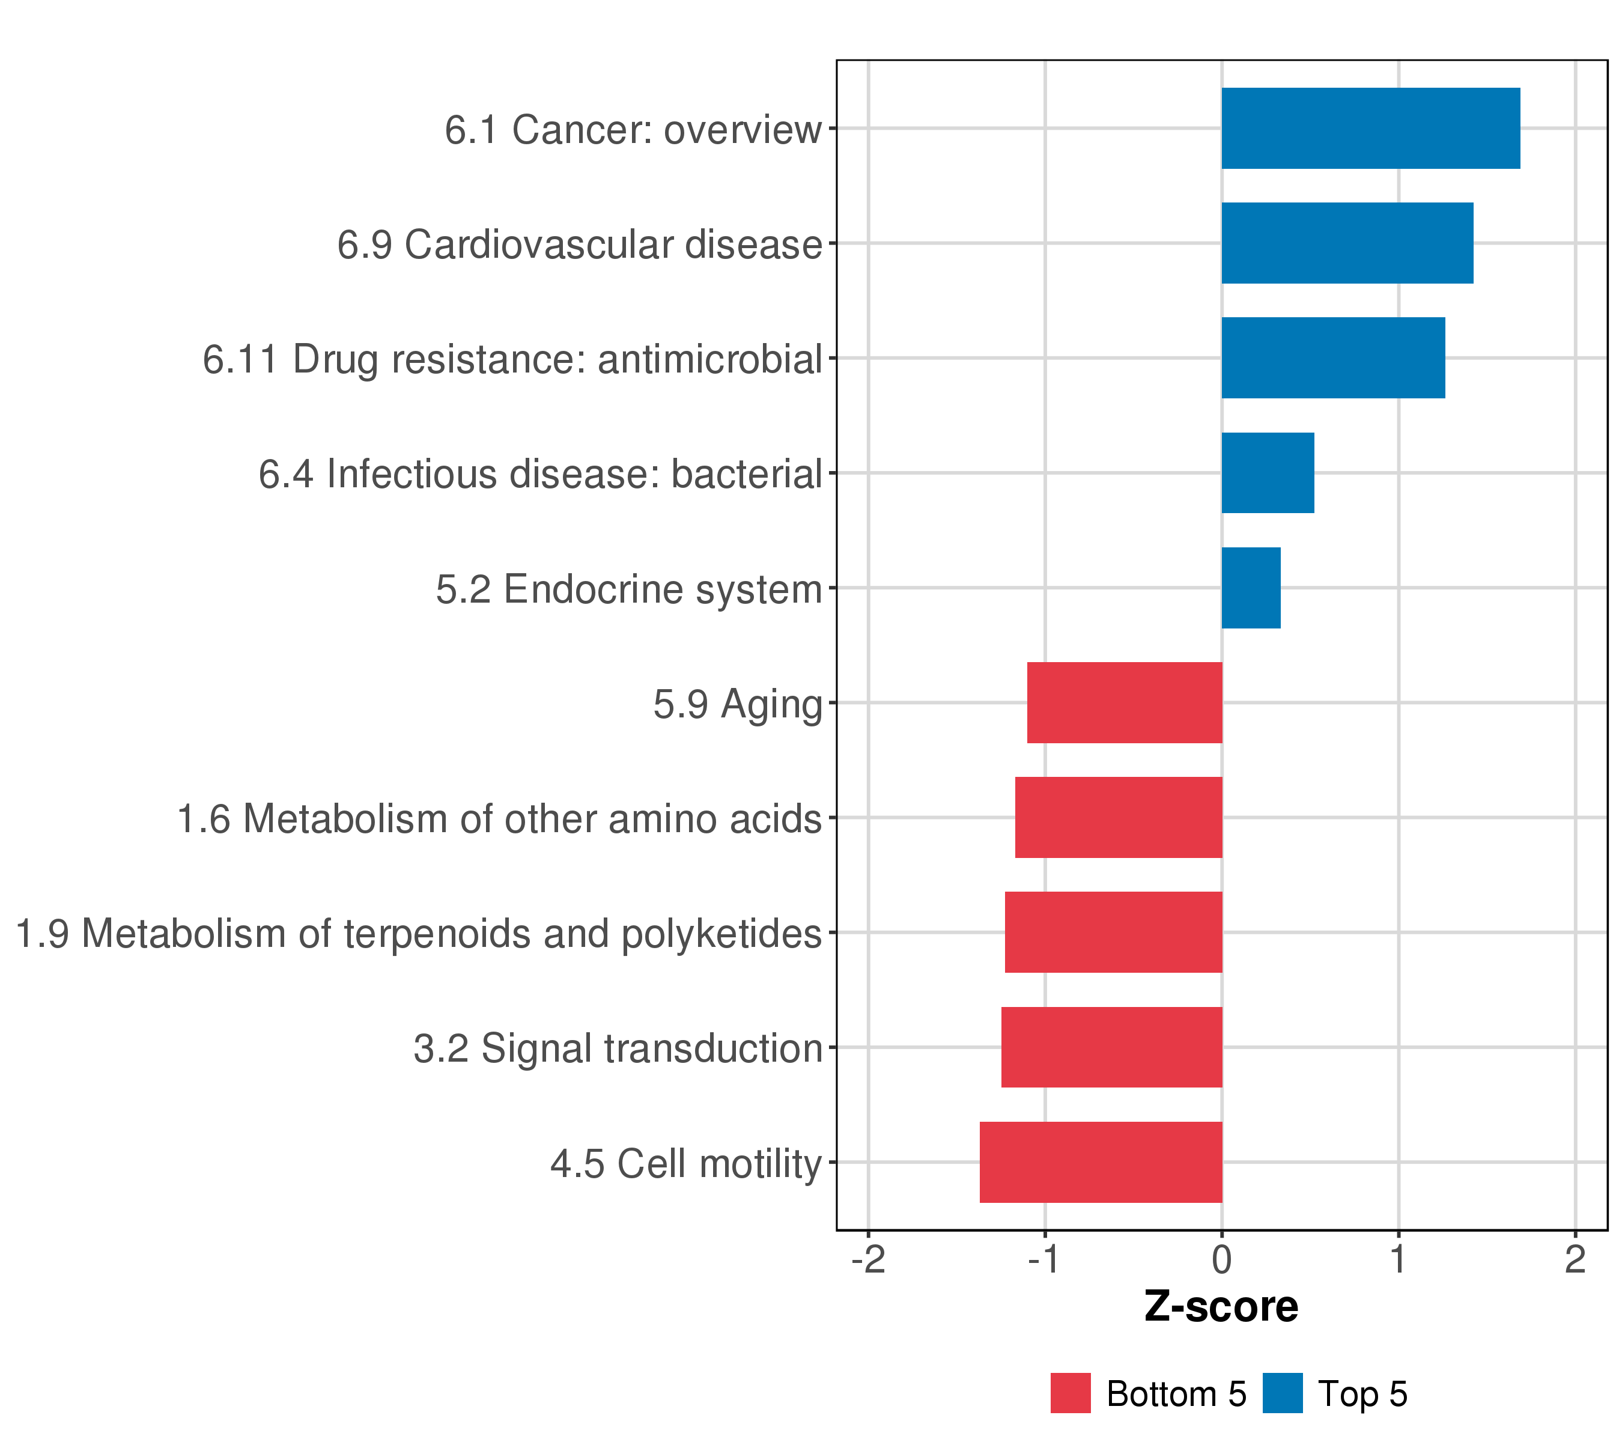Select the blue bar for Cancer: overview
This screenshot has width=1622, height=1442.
tap(1370, 129)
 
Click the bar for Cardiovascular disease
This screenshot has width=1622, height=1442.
tap(1347, 243)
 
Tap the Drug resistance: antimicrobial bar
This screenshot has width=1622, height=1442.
tap(1333, 358)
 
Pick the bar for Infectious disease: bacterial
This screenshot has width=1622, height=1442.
tap(1268, 473)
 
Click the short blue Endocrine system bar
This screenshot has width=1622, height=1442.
tap(1251, 588)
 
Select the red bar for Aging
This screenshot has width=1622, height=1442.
tap(1125, 703)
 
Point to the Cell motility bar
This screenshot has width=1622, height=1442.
tap(1101, 1163)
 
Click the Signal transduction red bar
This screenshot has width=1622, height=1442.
tap(1112, 1048)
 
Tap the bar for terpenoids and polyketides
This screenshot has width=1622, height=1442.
tap(1113, 932)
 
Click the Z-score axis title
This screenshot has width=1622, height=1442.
tap(1221, 1307)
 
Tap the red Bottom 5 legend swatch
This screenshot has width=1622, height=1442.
tap(1071, 1393)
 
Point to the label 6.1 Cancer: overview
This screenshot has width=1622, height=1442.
tap(633, 129)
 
